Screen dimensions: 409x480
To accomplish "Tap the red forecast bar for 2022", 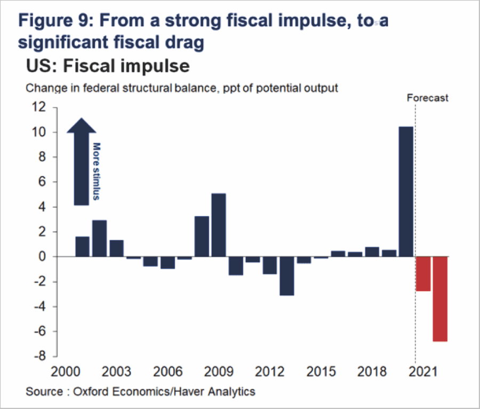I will coord(440,298).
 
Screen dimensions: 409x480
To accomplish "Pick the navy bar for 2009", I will coord(218,225).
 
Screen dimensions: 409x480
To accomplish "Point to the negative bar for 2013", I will coord(286,276).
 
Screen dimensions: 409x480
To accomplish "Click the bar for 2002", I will coord(99,238).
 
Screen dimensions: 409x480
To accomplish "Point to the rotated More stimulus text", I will coord(97,171).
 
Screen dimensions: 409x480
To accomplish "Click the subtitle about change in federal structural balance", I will coord(182,88).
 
